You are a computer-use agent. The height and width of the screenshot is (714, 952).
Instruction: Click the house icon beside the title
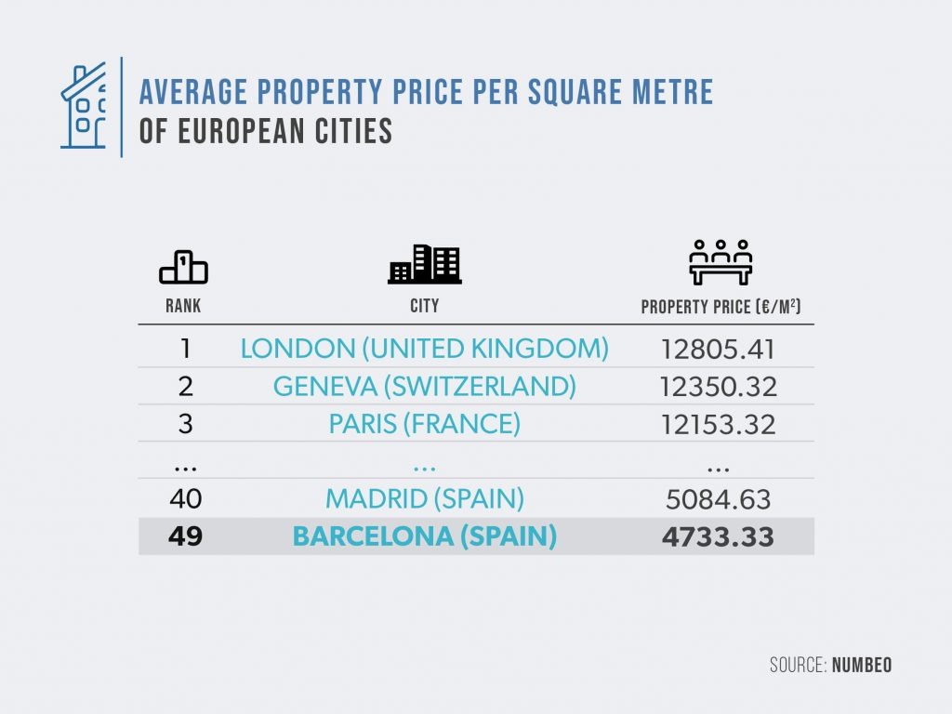coord(84,107)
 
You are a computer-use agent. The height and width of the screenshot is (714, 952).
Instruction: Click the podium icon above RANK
coord(183,268)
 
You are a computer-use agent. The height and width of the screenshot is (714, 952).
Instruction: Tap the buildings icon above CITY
coord(424,264)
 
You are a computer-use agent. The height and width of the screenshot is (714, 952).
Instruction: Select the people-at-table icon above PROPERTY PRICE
coord(721,263)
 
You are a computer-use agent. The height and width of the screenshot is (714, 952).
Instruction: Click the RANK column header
coord(183,306)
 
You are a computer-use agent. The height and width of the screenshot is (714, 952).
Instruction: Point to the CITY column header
coord(424,306)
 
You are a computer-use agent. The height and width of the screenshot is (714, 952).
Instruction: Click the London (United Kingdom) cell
coord(424,349)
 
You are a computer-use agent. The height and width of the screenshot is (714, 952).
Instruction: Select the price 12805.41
coord(719,350)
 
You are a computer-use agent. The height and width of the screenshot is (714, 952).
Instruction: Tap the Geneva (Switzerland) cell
coord(424,386)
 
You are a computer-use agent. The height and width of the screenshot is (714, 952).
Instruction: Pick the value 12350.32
coord(719,387)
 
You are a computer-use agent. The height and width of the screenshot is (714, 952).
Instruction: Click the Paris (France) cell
coord(424,424)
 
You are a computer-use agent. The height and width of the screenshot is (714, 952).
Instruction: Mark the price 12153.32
coord(719,425)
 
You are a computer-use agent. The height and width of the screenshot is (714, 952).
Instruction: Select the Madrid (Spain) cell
coord(424,498)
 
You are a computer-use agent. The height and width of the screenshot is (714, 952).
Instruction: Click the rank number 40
coord(186,498)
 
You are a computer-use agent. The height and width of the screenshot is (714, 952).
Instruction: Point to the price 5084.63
coord(719,499)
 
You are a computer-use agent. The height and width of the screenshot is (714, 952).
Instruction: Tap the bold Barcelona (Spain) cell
coord(424,536)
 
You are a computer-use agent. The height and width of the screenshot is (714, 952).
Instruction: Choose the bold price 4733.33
coord(719,537)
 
